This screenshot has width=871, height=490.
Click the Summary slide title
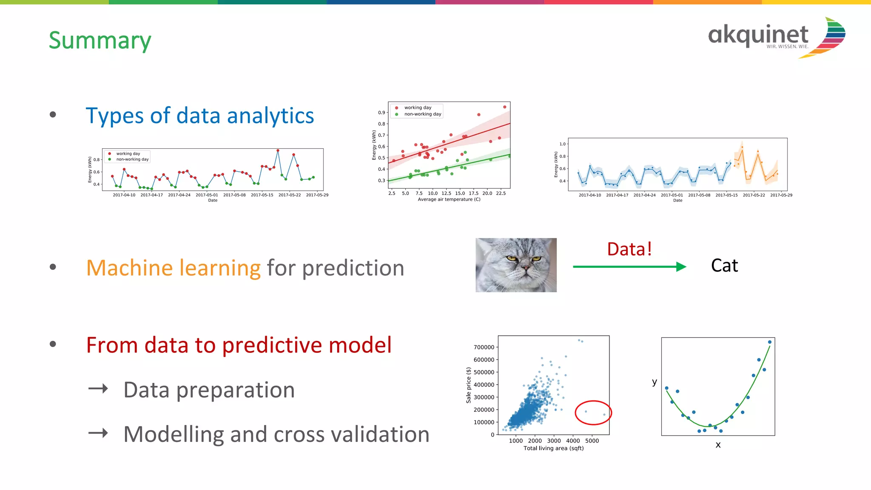(100, 40)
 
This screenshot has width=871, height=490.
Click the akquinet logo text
(758, 35)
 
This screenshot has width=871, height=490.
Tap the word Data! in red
(629, 249)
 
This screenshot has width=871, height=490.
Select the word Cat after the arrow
(724, 266)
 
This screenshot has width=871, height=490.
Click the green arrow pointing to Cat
(629, 266)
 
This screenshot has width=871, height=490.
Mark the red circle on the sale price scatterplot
(593, 412)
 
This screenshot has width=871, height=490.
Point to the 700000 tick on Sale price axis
(484, 347)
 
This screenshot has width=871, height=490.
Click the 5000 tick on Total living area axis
(592, 441)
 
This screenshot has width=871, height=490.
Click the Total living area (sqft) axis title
(553, 448)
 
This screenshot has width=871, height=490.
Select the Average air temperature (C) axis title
(449, 199)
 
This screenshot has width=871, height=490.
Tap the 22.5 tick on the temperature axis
(501, 193)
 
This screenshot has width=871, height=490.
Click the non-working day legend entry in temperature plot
(422, 114)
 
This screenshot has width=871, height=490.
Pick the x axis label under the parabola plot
(718, 445)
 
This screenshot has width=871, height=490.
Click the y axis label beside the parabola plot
(655, 382)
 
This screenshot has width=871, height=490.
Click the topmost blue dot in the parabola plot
(770, 342)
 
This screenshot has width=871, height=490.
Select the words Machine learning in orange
(173, 268)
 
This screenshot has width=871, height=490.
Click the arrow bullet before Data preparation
(98, 388)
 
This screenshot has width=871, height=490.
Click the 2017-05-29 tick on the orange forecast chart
(781, 195)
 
